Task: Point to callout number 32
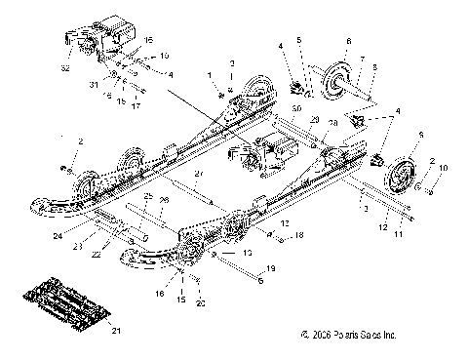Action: pyautogui.click(x=65, y=70)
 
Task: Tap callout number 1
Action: pyautogui.click(x=208, y=74)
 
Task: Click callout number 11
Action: pyautogui.click(x=395, y=235)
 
